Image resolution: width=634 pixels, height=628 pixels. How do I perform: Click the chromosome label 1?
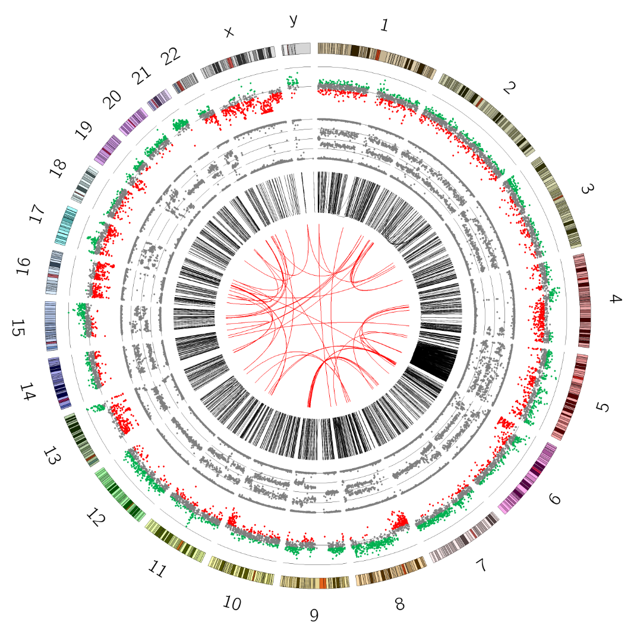[385, 26]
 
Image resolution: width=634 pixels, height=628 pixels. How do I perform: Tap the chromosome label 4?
[615, 299]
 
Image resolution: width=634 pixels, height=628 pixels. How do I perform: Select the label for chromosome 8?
[400, 604]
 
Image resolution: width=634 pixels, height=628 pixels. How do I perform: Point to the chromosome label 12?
[95, 517]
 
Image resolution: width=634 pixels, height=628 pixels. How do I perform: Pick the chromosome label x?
[229, 32]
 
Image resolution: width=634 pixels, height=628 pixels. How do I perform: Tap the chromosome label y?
[293, 21]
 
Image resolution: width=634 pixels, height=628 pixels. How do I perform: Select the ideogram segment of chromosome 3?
[556, 202]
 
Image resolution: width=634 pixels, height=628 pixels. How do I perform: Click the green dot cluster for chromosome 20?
[181, 124]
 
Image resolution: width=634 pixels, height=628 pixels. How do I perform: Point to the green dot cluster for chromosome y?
[292, 80]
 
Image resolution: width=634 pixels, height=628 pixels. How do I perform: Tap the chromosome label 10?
[232, 604]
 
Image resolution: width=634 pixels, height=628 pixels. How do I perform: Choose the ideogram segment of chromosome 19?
[108, 149]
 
